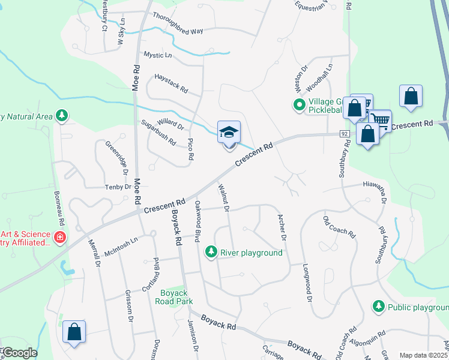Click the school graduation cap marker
click(229, 132)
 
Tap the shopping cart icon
click(379, 119)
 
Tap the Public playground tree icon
click(379, 307)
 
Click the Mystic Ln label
click(158, 55)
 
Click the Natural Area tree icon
click(61, 115)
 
